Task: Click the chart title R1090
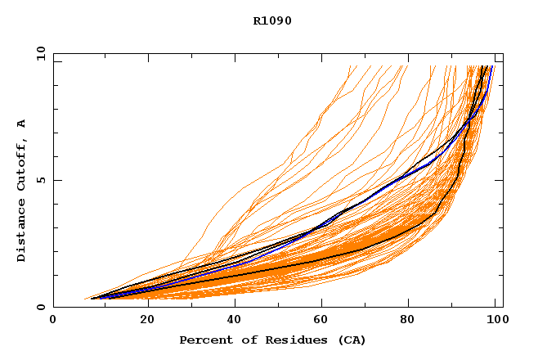click(x=272, y=20)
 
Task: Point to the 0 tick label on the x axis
click(x=53, y=321)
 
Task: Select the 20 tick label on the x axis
click(x=143, y=321)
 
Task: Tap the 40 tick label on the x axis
click(x=233, y=321)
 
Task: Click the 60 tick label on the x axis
click(x=323, y=321)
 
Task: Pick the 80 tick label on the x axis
click(x=413, y=321)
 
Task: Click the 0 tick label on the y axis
click(x=40, y=307)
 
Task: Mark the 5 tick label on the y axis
click(x=40, y=180)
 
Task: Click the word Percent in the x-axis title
click(x=205, y=340)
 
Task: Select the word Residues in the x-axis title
click(x=288, y=340)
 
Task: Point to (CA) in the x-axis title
click(x=350, y=340)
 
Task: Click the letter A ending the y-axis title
click(x=22, y=124)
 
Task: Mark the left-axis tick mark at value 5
click(x=56, y=180)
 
